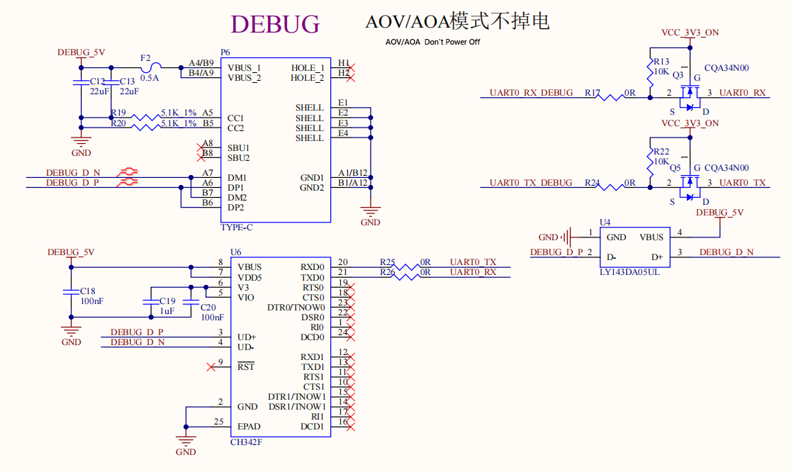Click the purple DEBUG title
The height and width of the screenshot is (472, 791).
point(275,23)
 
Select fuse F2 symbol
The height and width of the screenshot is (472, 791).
point(151,67)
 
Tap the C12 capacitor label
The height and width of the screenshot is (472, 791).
point(98,82)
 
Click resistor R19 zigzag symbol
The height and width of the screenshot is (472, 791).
point(146,118)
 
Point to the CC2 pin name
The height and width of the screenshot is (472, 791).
point(235,128)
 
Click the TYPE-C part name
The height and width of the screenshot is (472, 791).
point(237,227)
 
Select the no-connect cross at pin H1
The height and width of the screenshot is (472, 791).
point(351,67)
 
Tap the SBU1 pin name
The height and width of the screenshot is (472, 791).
point(238,147)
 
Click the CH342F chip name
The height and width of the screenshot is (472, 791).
point(246,442)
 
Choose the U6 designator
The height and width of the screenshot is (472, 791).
point(235,252)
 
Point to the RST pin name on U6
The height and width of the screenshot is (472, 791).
point(246,366)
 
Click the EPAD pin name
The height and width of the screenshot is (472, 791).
point(249,426)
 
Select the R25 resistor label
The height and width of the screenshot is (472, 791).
point(388,262)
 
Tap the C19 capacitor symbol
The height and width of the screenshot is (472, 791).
point(151,302)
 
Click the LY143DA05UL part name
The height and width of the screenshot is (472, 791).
point(629,272)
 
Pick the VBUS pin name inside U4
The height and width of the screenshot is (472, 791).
point(651,237)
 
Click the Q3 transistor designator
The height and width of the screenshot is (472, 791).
point(678,74)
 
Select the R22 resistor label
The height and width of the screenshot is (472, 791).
point(661,151)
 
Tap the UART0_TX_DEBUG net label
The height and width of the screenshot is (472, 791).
point(531,183)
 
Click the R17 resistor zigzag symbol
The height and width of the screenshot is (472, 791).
point(611,97)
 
